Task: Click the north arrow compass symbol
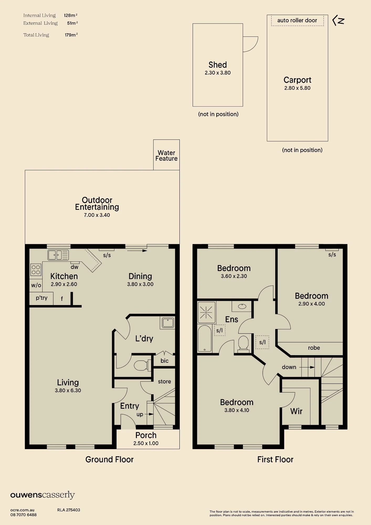tap(338, 21)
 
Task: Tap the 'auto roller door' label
tap(297, 20)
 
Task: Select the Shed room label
tap(218, 65)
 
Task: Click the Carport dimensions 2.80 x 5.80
tap(297, 88)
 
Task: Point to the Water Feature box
tap(166, 155)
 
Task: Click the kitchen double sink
tap(58, 255)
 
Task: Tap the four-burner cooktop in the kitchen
tap(36, 270)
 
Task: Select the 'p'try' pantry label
tap(42, 298)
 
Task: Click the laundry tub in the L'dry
tap(168, 323)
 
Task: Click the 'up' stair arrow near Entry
tap(149, 414)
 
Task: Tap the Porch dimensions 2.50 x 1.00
tap(146, 443)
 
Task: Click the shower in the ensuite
tap(206, 312)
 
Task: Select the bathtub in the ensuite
tap(204, 338)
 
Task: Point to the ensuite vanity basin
tap(242, 306)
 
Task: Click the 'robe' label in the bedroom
tap(314, 348)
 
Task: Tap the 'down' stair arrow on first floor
tap(307, 367)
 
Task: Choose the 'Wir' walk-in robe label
tap(296, 411)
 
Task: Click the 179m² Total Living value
tap(71, 35)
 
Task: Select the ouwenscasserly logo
tap(43, 495)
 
